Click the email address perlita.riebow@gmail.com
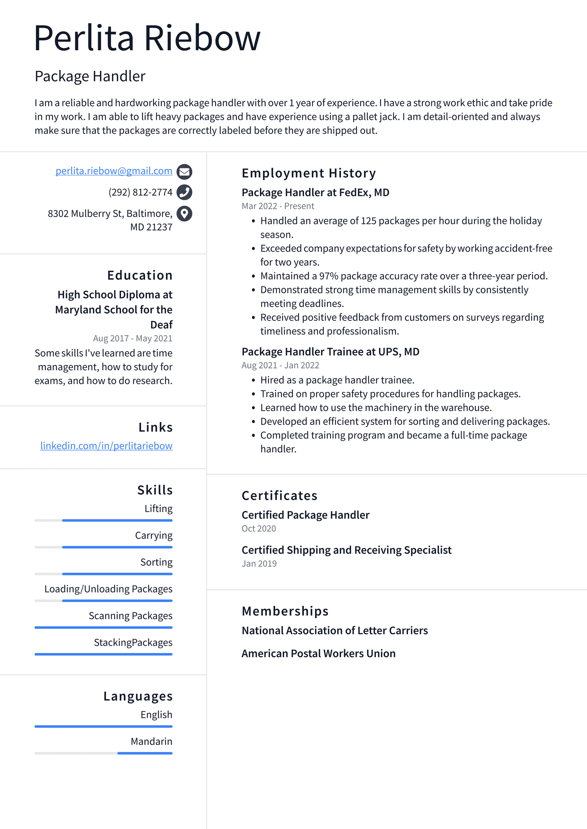[x=114, y=171]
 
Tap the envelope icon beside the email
[x=184, y=171]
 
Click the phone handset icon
[x=184, y=192]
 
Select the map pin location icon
[x=184, y=213]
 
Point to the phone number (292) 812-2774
[x=140, y=192]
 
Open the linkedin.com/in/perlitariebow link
[x=106, y=446]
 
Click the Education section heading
[x=139, y=275]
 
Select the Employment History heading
[x=309, y=173]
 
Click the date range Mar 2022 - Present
[x=278, y=206]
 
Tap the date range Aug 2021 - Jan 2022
[x=280, y=365]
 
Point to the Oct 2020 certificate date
[x=259, y=528]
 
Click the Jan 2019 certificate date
[x=259, y=564]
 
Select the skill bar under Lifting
[x=103, y=520]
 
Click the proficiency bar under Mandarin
[x=103, y=753]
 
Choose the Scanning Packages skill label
[x=130, y=616]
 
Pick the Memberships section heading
[x=285, y=611]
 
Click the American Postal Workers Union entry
[x=318, y=653]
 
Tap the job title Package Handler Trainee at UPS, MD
[x=330, y=352]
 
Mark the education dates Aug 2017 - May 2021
[x=132, y=338]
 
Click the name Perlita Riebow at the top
[x=147, y=38]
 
